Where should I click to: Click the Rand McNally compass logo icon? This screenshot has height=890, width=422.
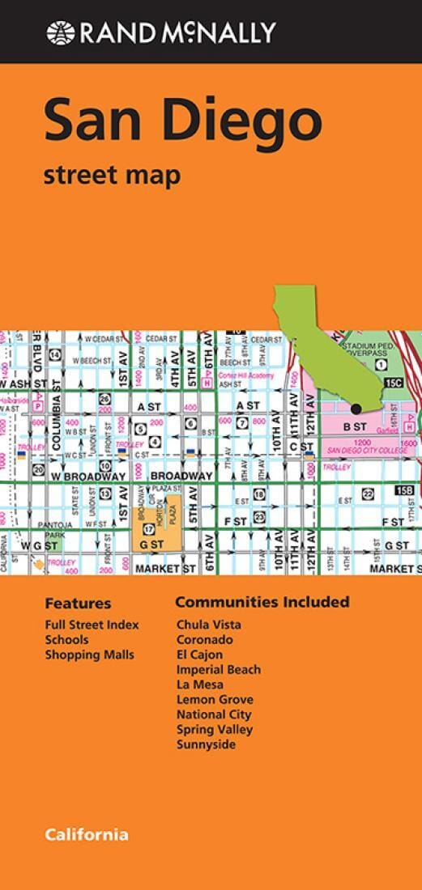[x=60, y=32]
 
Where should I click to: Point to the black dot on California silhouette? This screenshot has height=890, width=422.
[x=356, y=408]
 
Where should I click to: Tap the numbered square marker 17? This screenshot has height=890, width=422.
[x=148, y=529]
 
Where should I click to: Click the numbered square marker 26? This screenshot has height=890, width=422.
[x=104, y=399]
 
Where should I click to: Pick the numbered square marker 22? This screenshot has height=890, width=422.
[x=367, y=494]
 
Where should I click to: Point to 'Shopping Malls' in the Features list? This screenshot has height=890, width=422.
[x=89, y=655]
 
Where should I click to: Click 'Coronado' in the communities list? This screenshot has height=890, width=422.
[x=205, y=639]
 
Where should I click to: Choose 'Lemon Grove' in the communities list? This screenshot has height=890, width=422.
[x=215, y=699]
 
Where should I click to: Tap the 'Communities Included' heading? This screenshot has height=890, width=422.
[x=262, y=602]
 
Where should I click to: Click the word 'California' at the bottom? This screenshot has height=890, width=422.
[x=87, y=812]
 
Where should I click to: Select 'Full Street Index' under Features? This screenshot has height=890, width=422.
[x=92, y=625]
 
